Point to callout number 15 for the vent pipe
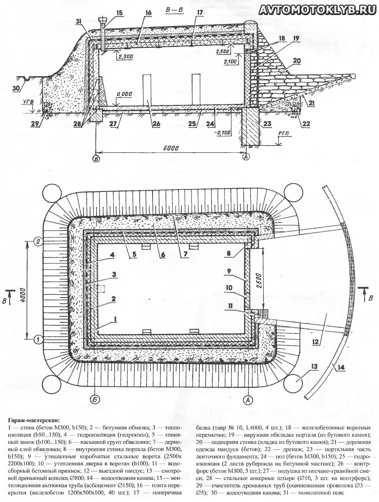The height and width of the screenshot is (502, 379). pyautogui.click(x=120, y=13)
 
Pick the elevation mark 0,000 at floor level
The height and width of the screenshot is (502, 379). pyautogui.click(x=123, y=94)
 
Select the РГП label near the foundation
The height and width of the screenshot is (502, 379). pyautogui.click(x=283, y=134)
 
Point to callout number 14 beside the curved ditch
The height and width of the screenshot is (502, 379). pyautogui.click(x=342, y=368)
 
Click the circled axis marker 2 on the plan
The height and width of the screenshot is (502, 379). pyautogui.click(x=38, y=242)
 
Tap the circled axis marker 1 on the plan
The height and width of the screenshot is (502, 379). pyautogui.click(x=38, y=340)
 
